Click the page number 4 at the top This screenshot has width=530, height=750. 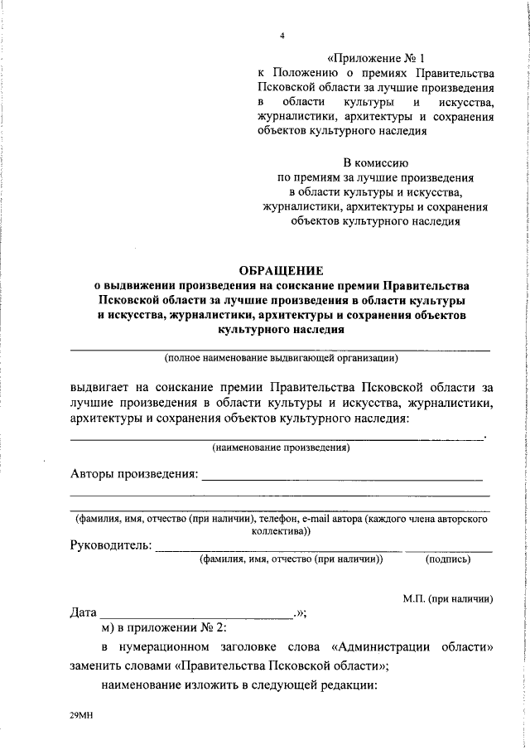pyautogui.click(x=282, y=36)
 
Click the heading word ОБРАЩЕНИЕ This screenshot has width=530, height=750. pyautogui.click(x=282, y=269)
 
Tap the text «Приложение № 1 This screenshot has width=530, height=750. pyautogui.click(x=375, y=59)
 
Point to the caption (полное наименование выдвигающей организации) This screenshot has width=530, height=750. pyautogui.click(x=282, y=359)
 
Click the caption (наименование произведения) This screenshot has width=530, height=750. pyautogui.click(x=281, y=448)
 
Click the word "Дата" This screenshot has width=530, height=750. pyautogui.click(x=84, y=614)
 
